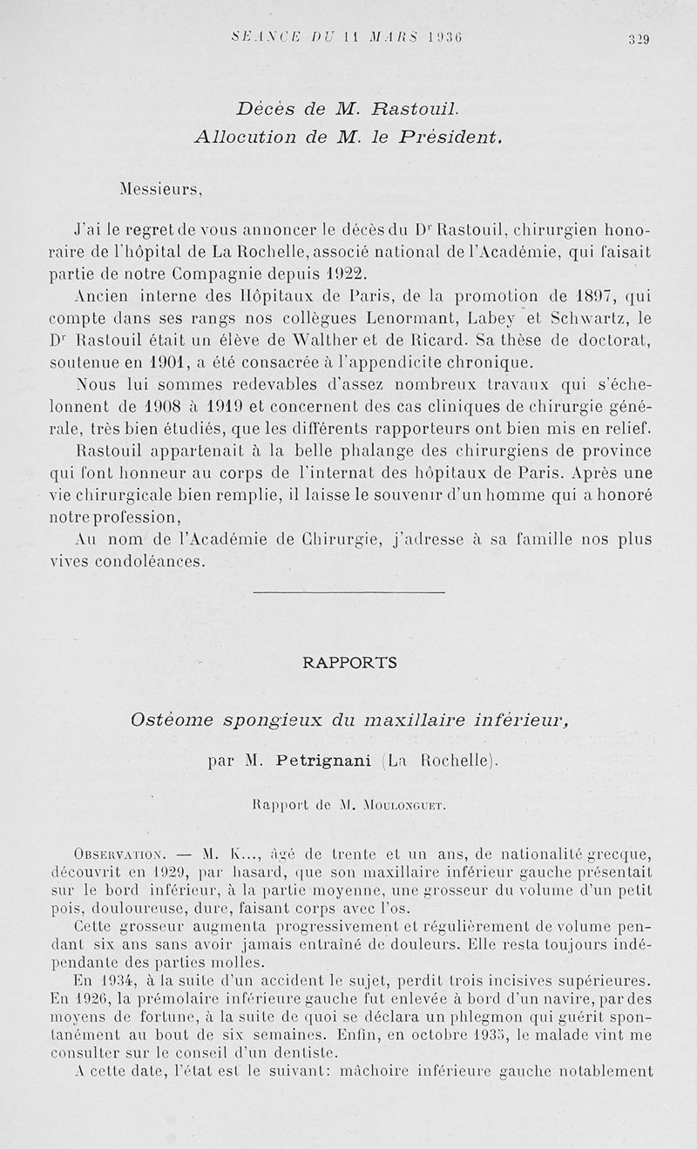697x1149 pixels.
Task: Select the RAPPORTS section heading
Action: (x=348, y=662)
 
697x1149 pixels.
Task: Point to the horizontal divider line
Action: (x=348, y=592)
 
